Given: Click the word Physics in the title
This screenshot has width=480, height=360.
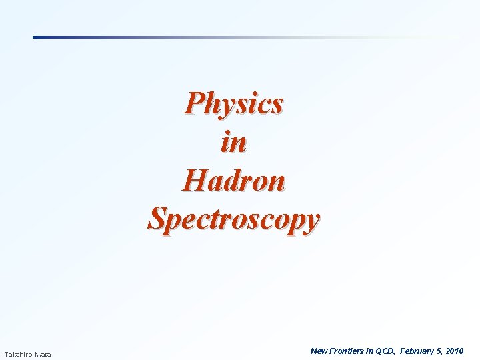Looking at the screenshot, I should (x=234, y=104).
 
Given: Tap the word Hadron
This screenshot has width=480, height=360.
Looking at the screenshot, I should (x=234, y=180).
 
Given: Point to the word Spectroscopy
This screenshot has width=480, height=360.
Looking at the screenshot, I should (x=234, y=219).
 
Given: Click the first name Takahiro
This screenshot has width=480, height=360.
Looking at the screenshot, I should (x=18, y=354).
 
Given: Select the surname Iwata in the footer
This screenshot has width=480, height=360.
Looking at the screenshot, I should (x=43, y=354).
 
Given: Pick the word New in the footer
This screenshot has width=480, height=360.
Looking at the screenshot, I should (x=319, y=351).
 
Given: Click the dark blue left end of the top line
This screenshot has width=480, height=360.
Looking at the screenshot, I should (x=36, y=37).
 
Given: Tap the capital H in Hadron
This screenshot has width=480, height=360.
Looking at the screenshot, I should (x=193, y=180).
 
